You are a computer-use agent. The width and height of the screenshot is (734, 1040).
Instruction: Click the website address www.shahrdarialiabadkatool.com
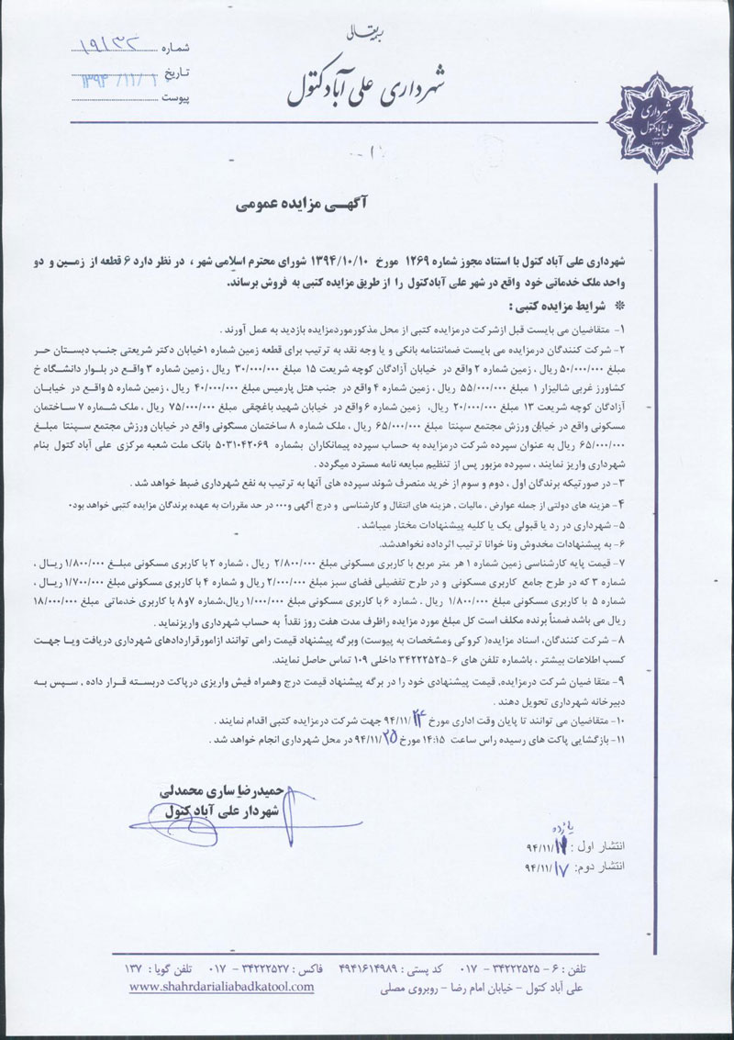[221, 986]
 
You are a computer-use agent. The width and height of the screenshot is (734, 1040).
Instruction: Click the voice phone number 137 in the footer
[136, 967]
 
